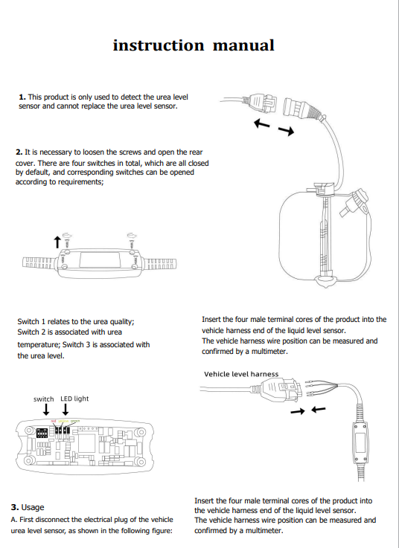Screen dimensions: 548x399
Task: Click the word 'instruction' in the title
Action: point(158,45)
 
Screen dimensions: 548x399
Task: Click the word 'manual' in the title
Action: point(243,45)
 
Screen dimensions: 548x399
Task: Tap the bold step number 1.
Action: point(22,97)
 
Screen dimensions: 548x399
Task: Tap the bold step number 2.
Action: point(19,152)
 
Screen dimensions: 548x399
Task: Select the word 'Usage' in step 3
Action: point(33,507)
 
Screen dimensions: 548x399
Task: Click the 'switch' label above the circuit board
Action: point(44,399)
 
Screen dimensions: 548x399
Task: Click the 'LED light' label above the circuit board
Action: point(74,399)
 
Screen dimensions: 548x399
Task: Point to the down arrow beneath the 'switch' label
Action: point(46,410)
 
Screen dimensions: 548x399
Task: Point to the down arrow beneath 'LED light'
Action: point(66,410)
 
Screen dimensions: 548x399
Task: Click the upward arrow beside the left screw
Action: point(58,241)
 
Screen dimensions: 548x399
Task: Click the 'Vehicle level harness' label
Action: point(241,374)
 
